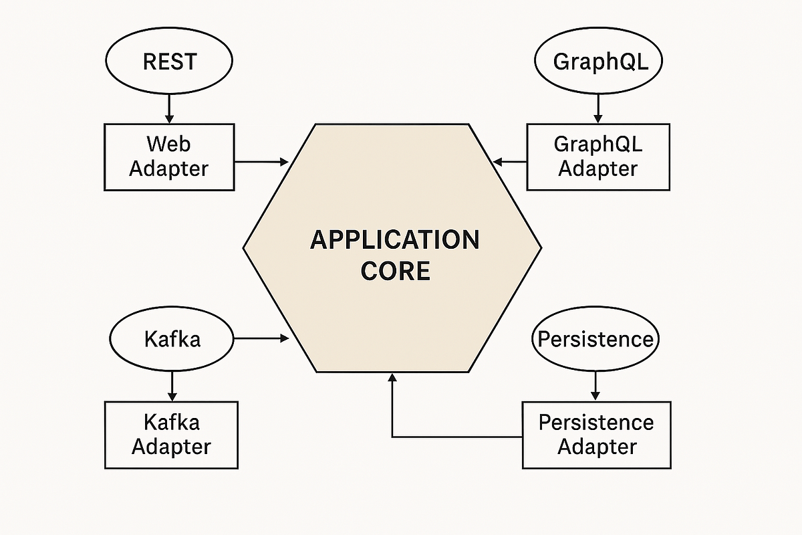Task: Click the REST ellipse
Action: (168, 62)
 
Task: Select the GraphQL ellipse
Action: (598, 62)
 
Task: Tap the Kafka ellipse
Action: (172, 339)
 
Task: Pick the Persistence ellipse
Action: (595, 339)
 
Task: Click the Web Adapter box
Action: (169, 156)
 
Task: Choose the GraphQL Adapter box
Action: (598, 156)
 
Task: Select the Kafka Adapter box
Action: (171, 435)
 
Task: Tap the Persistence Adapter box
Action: (596, 435)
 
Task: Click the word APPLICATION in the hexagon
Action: (394, 239)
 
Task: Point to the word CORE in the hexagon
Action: (394, 272)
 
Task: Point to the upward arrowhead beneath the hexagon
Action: (392, 379)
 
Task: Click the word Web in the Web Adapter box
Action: (169, 144)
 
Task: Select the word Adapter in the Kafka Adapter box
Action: (171, 446)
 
